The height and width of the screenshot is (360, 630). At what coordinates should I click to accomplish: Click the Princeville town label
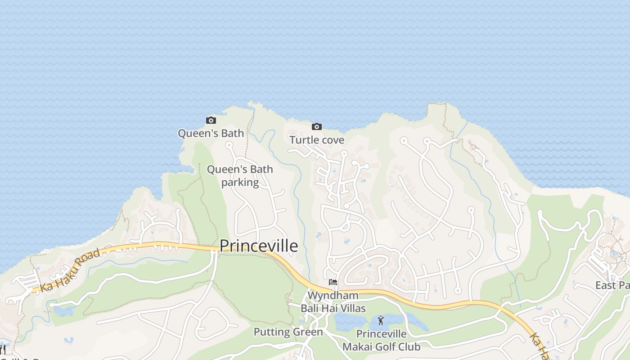[x=259, y=246]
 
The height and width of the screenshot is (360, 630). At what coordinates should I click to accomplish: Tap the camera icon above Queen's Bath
[x=211, y=120]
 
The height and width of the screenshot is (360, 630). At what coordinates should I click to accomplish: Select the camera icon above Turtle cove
[x=317, y=127]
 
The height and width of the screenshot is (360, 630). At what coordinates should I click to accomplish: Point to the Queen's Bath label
[x=211, y=133]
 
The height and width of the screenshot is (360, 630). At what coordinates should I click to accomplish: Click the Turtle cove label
[x=317, y=140]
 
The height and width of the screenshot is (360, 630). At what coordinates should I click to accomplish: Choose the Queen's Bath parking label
[x=240, y=176]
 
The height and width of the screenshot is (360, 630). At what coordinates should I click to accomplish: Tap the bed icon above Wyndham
[x=333, y=282]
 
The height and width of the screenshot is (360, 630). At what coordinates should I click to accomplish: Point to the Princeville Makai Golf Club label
[x=381, y=340]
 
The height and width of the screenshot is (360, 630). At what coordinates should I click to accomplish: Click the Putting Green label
[x=288, y=332]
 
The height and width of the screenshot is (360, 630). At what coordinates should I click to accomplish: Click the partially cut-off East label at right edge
[x=612, y=285]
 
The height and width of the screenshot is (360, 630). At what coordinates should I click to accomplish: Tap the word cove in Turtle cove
[x=333, y=140]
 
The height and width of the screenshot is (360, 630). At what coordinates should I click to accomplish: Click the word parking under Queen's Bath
[x=240, y=182]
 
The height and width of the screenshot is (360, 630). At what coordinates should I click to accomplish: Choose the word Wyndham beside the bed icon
[x=333, y=296]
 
